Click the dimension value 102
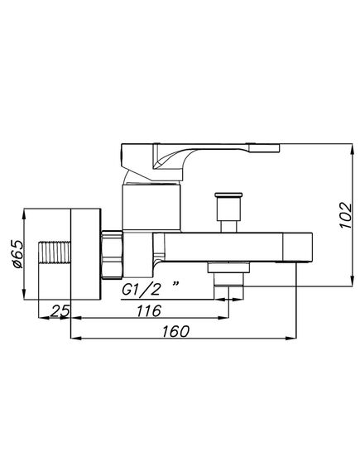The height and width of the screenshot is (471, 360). coord(346,215)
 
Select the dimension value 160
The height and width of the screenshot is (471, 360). coord(176,331)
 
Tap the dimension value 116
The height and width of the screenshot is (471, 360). coord(149,310)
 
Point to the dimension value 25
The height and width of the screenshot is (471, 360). coord(60,310)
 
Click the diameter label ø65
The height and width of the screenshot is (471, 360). coord(17,254)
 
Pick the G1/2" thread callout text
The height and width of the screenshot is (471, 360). coord(151,290)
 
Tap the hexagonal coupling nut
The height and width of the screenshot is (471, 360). coord(112,255)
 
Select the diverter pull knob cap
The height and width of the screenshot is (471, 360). coord(228,195)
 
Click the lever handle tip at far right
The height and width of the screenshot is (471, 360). coord(265,148)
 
